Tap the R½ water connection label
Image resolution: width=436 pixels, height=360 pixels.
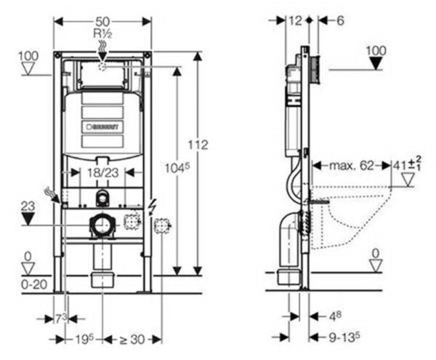coord(102,33)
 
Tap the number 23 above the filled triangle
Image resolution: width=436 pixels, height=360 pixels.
coord(28,206)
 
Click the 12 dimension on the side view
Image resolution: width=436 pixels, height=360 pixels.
coord(294,22)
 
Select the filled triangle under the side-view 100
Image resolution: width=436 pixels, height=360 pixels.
coord(376,63)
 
